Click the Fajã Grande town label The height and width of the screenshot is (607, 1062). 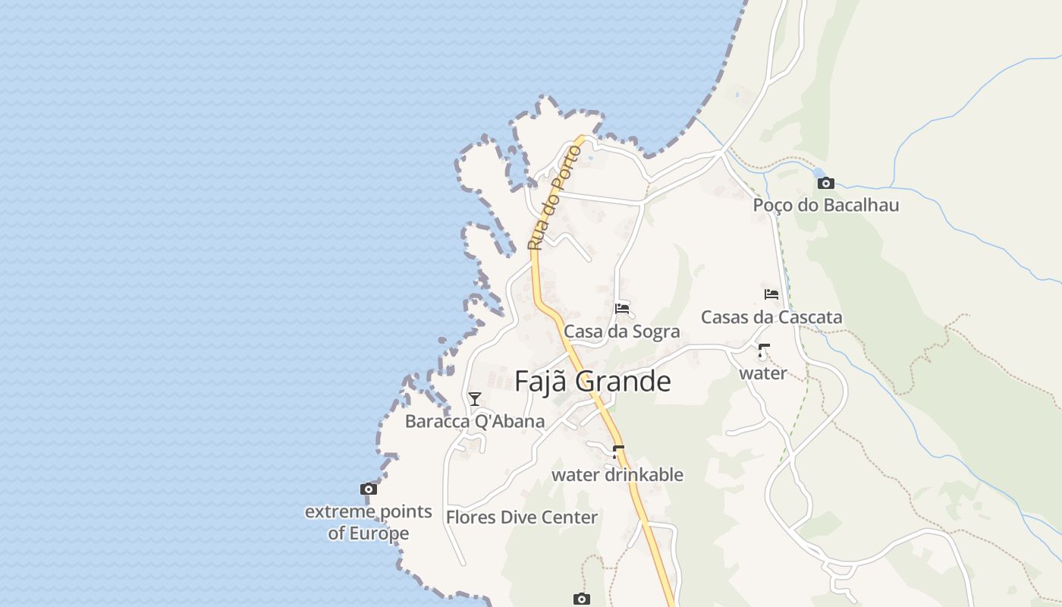tap(592, 381)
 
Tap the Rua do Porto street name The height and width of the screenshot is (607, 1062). tap(555, 197)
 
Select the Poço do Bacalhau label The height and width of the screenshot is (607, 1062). tap(825, 205)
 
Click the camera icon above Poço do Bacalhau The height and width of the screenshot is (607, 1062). tap(826, 183)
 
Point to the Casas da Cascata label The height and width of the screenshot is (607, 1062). tap(771, 317)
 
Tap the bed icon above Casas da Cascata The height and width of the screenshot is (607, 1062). tap(771, 294)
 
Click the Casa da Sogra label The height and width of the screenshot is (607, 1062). tap(621, 332)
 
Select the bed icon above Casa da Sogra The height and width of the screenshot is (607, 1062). tap(622, 308)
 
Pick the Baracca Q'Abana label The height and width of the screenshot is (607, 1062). tap(474, 421)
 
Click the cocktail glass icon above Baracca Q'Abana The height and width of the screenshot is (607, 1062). tap(475, 398)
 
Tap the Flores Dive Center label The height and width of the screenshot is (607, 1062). tap(522, 517)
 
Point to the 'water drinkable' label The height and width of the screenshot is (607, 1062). tap(617, 475)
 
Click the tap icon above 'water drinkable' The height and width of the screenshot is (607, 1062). tap(617, 452)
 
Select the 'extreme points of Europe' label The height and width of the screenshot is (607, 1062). tap(369, 522)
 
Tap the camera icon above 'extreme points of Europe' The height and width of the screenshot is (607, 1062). tap(369, 489)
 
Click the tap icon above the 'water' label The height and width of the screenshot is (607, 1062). tap(763, 351)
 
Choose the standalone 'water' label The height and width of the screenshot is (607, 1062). tap(763, 373)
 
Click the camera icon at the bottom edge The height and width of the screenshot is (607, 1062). tap(581, 599)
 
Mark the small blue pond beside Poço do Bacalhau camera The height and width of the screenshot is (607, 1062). tap(816, 175)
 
